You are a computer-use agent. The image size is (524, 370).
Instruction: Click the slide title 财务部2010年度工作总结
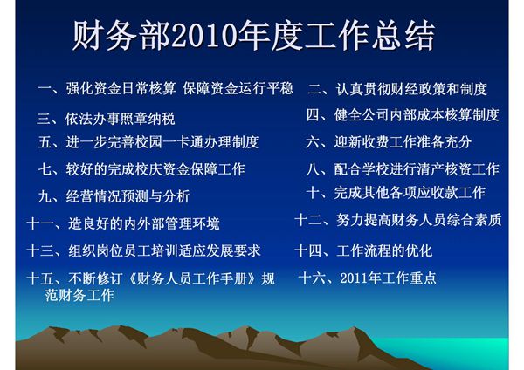coord(253,38)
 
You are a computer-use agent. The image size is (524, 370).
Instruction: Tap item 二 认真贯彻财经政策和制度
coord(396,89)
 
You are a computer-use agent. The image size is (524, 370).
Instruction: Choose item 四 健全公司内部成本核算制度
coord(402,114)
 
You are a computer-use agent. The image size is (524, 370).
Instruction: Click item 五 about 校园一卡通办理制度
coord(148,141)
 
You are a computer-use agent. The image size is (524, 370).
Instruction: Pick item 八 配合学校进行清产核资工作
coord(403,168)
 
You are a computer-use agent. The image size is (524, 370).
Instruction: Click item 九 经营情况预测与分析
coord(114,196)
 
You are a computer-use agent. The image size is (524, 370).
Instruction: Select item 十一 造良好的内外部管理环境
coord(123,223)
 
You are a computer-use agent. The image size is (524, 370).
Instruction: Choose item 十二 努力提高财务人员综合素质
coord(398,220)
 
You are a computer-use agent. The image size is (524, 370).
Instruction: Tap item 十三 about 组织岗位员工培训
coord(144,251)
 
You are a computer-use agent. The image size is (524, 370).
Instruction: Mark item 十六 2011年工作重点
coord(367,279)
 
